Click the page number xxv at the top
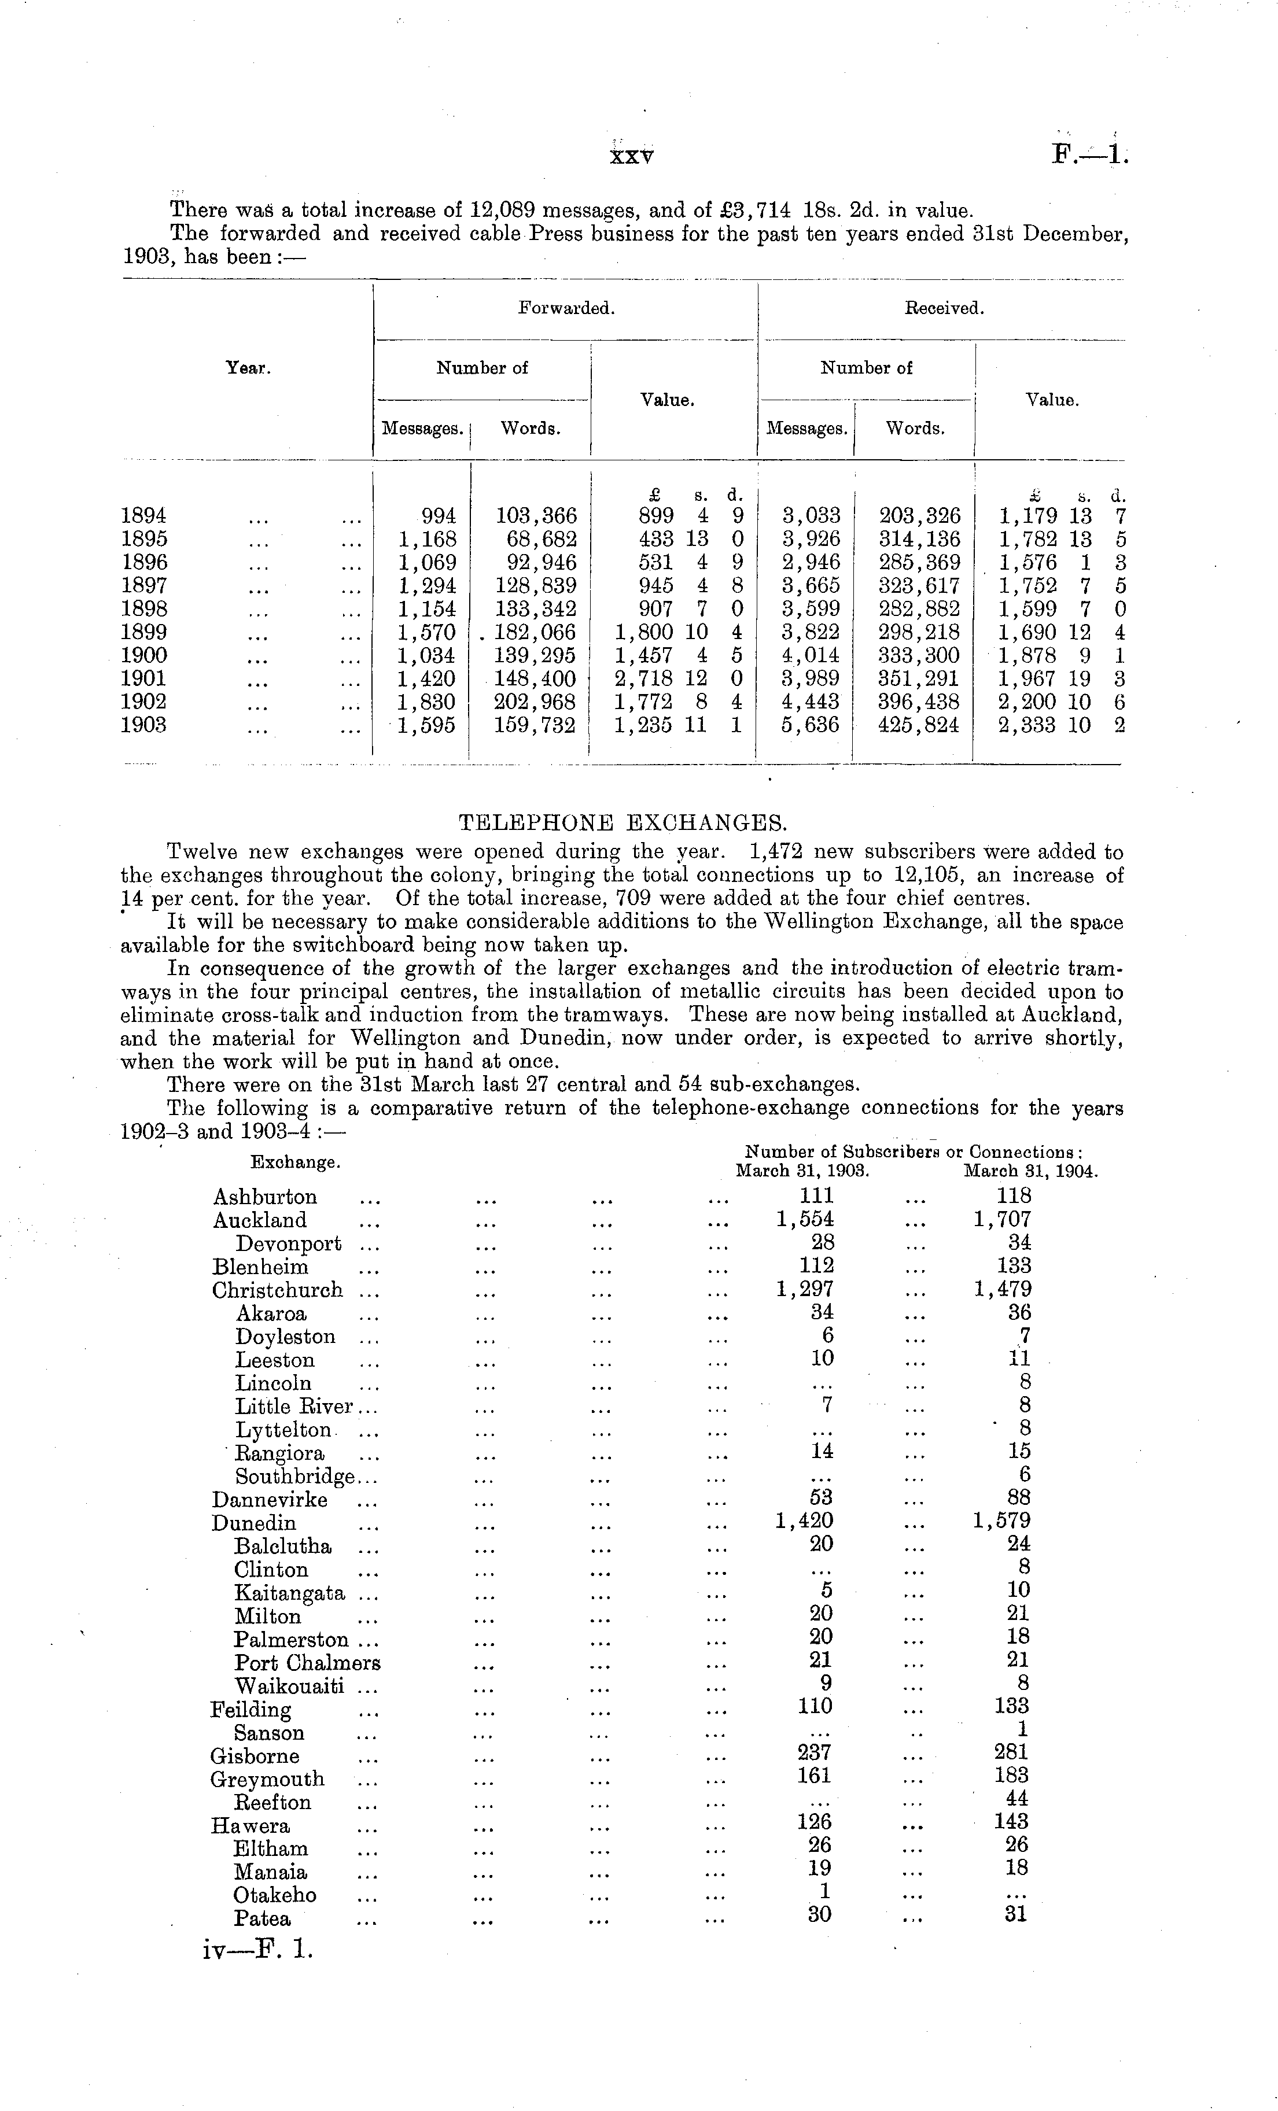point(631,157)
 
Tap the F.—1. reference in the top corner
point(1089,155)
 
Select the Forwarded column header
point(566,308)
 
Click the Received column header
point(944,308)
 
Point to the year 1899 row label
point(144,632)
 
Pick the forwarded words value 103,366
point(536,516)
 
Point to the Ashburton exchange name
point(265,1197)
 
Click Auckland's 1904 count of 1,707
point(1002,1219)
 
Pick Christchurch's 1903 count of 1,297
point(805,1289)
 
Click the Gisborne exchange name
point(255,1756)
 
